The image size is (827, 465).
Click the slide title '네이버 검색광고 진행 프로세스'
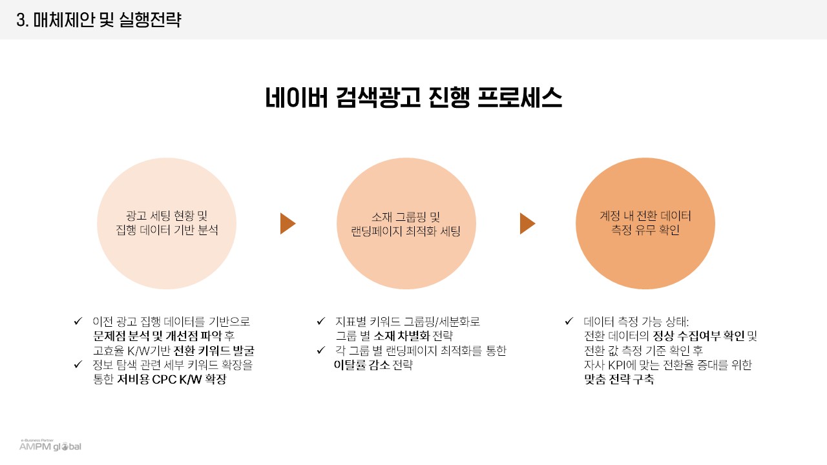point(413,98)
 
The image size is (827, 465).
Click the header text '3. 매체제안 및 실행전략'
point(99,20)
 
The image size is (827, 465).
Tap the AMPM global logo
point(50,446)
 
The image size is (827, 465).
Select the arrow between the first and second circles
point(288,223)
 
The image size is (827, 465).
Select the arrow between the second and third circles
point(527,223)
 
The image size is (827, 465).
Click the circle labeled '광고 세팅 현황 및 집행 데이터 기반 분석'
point(167,223)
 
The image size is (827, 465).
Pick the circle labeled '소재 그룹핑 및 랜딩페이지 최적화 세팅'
point(406,223)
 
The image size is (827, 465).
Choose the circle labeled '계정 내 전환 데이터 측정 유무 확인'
point(645,223)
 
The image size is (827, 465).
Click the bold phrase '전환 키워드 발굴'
point(214,351)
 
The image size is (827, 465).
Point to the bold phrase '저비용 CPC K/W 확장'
point(171,380)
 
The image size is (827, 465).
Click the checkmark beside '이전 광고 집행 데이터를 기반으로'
point(78,321)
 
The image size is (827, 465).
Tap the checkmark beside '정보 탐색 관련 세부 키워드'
point(78,365)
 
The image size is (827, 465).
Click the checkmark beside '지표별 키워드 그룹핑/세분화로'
point(321,321)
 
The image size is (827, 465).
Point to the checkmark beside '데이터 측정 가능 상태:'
point(569,321)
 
